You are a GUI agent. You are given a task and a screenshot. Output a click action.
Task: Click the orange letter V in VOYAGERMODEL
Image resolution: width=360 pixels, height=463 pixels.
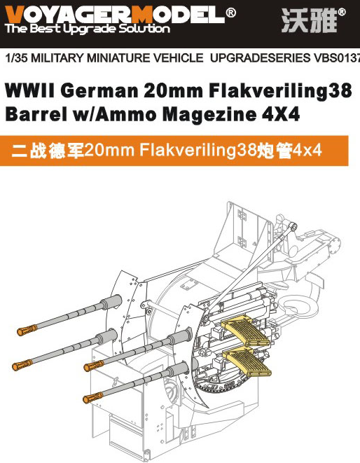coord(14,15)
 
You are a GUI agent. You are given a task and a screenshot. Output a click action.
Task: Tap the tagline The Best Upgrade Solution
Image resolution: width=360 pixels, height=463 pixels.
coord(87,29)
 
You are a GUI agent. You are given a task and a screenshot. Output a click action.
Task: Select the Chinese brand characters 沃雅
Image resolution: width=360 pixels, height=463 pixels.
coord(309,20)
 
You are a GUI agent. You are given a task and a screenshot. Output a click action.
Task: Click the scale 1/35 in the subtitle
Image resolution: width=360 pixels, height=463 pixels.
coord(17,57)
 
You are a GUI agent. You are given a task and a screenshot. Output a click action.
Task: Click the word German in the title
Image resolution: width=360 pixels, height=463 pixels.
coord(99,90)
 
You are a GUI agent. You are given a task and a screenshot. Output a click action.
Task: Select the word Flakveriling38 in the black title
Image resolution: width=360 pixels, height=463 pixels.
coord(280,91)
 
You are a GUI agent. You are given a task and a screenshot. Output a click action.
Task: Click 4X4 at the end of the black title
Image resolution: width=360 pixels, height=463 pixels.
coord(281,114)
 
